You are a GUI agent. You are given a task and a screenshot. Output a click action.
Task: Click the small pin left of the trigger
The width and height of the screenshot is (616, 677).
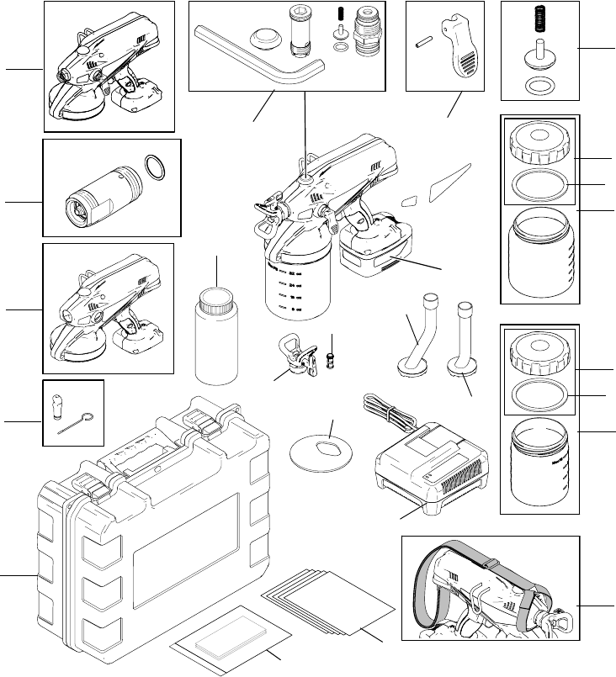click(422, 48)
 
